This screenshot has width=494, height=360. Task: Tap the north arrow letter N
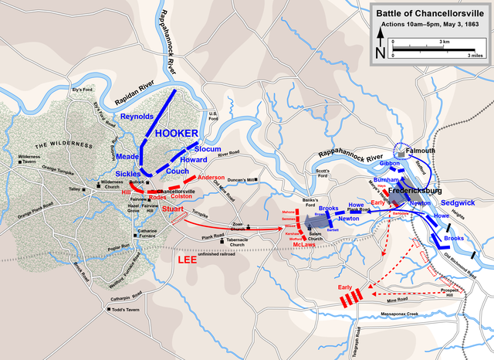[x=381, y=53]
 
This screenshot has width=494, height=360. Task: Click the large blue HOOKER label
[x=178, y=134]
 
